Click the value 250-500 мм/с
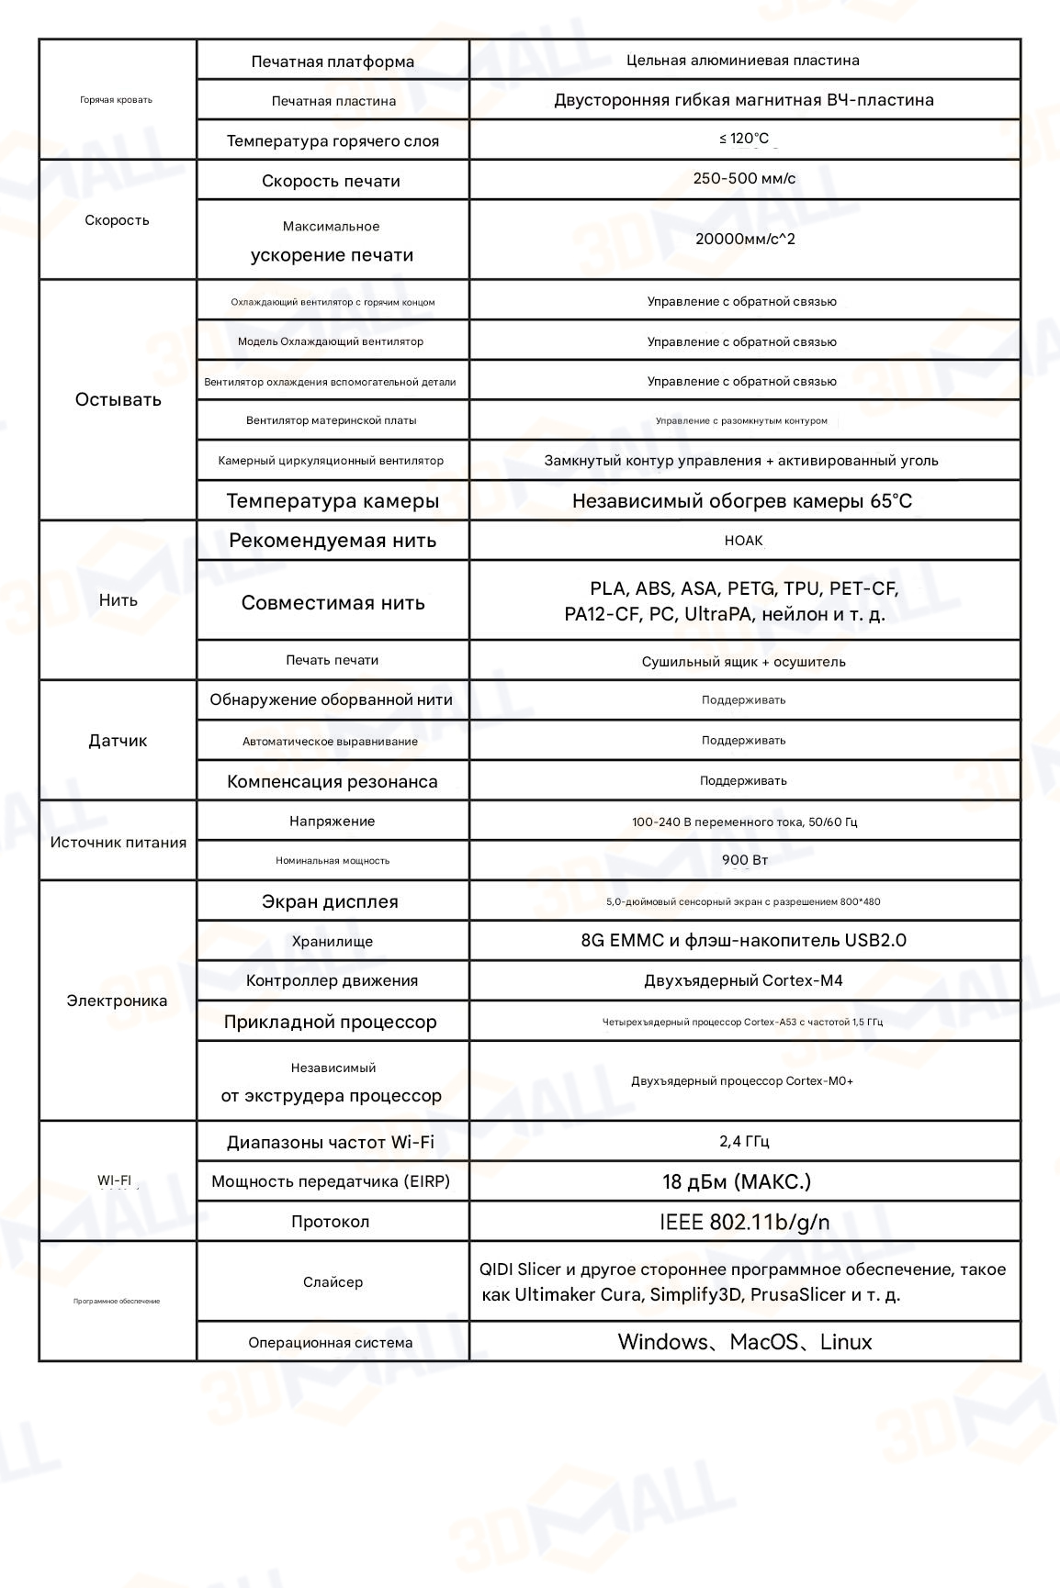pos(744,179)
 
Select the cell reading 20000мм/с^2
pos(745,240)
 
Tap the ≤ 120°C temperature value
pos(744,139)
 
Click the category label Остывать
pos(118,399)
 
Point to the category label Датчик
pos(118,741)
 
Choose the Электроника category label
pos(117,1001)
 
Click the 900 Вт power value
pos(745,860)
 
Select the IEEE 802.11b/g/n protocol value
pos(744,1222)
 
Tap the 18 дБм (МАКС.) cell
pos(737,1181)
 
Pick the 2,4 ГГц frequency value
pos(744,1141)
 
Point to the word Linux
pos(846,1342)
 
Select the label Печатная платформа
pos(333,62)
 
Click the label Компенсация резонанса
pos(333,782)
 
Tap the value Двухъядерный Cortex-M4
pos(743,980)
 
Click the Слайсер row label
pos(333,1282)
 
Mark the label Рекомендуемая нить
pos(333,541)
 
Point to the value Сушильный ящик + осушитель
pos(743,662)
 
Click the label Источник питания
pos(118,843)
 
